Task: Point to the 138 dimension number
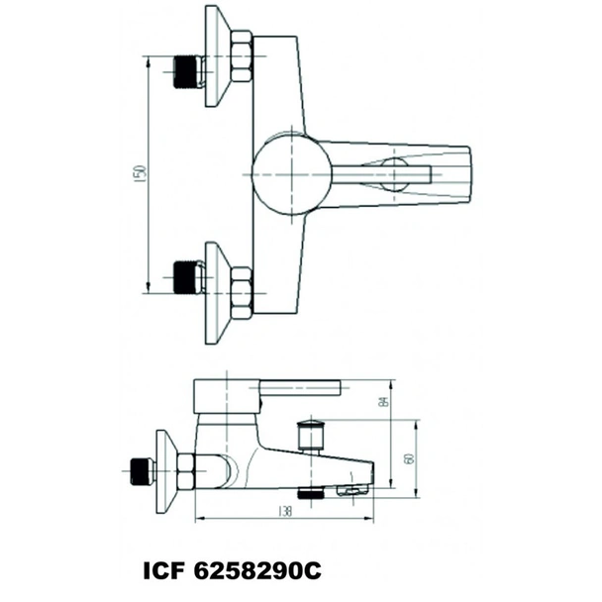(285, 512)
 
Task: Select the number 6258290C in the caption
(259, 572)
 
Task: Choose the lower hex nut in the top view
(241, 291)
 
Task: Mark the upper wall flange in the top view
(217, 55)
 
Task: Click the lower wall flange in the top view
(217, 293)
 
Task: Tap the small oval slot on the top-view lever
(394, 174)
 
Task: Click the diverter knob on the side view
(313, 436)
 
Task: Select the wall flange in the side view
(165, 471)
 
